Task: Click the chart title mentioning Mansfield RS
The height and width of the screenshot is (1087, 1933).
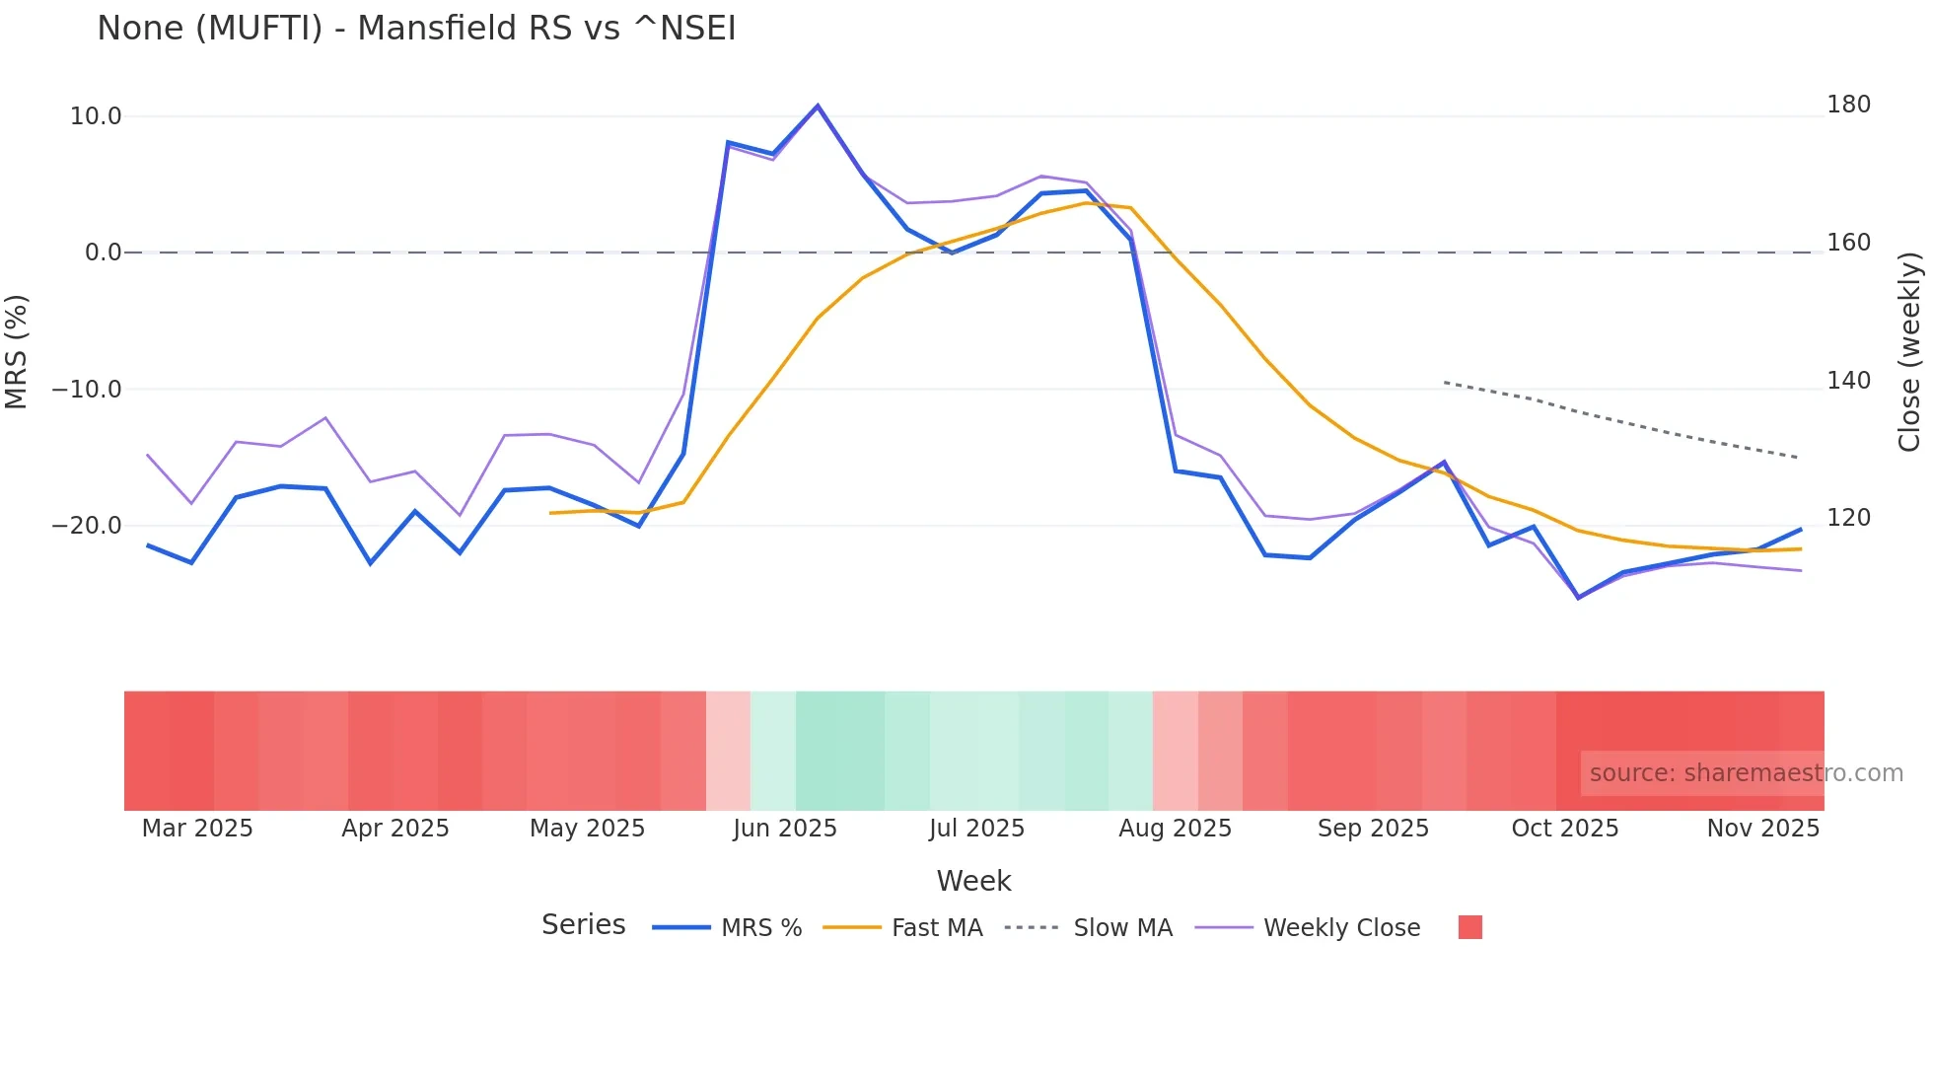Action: pyautogui.click(x=416, y=29)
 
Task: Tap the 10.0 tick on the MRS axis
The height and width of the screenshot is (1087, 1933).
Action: pyautogui.click(x=96, y=116)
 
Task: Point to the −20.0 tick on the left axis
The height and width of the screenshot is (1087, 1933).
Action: pyautogui.click(x=87, y=526)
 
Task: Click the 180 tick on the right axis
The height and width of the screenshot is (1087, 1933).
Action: pyautogui.click(x=1848, y=105)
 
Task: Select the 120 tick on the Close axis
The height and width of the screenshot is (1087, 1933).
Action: pyautogui.click(x=1848, y=518)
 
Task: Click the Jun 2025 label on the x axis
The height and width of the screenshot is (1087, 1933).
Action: pyautogui.click(x=785, y=829)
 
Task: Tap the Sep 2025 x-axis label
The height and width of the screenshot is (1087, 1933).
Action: pyautogui.click(x=1373, y=829)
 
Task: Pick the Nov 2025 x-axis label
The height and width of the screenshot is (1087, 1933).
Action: pyautogui.click(x=1762, y=829)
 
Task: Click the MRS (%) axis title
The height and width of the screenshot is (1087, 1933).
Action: pyautogui.click(x=17, y=352)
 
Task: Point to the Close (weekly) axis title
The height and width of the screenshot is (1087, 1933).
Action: pyautogui.click(x=1909, y=352)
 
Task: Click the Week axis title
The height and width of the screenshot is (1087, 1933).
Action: pyautogui.click(x=973, y=881)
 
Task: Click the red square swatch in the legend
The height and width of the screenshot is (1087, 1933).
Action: pyautogui.click(x=1469, y=927)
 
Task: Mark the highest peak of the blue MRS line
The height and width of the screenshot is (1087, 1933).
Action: pyautogui.click(x=818, y=106)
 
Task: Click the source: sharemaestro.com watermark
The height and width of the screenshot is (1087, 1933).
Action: pyautogui.click(x=1746, y=773)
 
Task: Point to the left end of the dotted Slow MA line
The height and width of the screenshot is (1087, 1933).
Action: pyautogui.click(x=1445, y=382)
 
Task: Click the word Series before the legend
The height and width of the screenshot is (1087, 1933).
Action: pyautogui.click(x=583, y=925)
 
